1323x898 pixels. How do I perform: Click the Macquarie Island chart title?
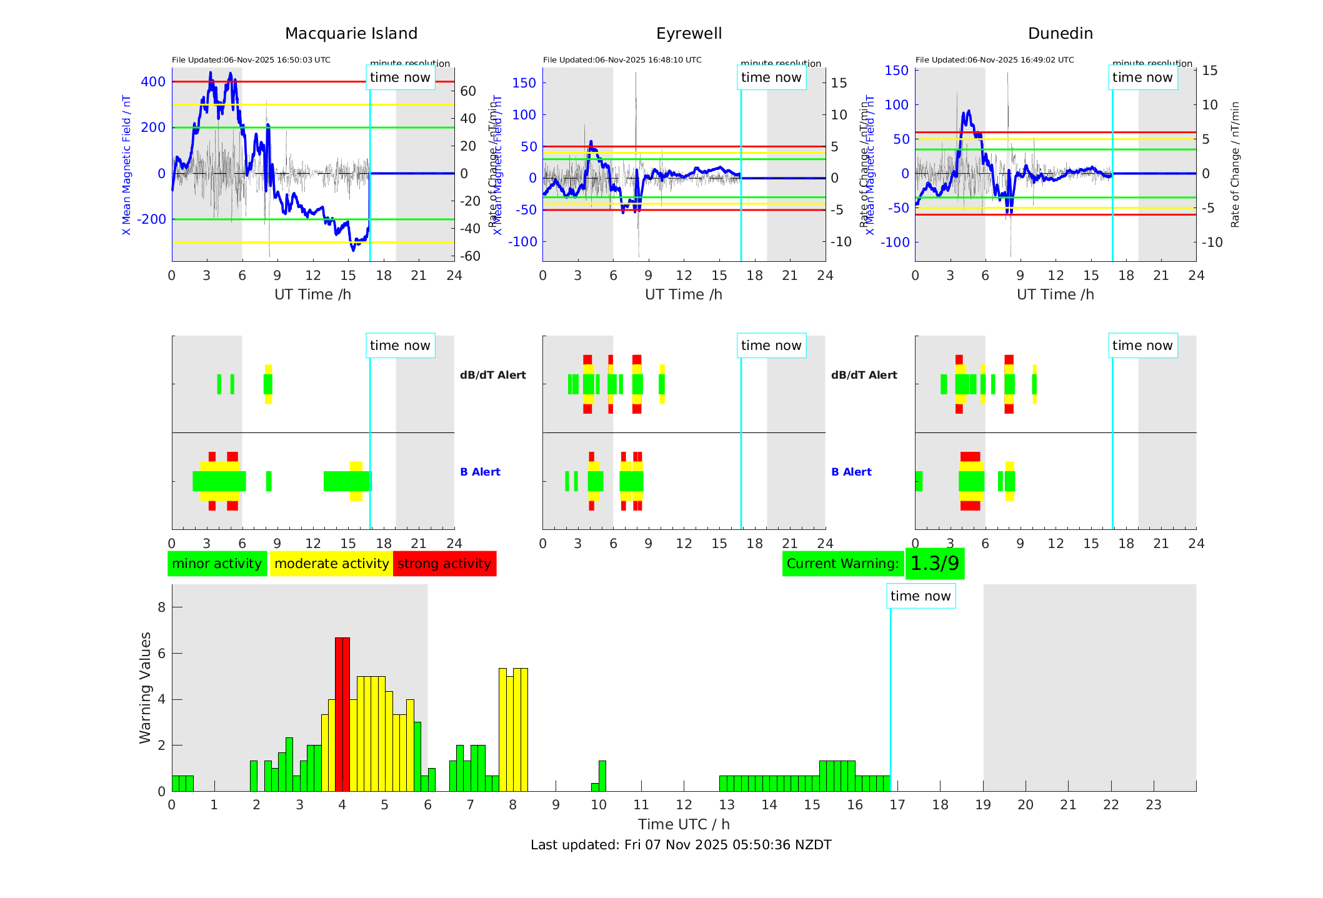coord(351,34)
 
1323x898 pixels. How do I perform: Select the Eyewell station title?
coord(689,34)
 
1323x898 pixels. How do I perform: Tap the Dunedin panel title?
coord(1060,34)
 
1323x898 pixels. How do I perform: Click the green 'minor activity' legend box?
coord(217,564)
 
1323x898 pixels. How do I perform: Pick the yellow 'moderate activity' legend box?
coord(331,564)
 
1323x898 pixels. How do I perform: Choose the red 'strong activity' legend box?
coord(444,564)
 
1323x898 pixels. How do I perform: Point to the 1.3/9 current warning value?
coord(934,564)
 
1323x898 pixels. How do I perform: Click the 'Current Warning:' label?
coord(842,564)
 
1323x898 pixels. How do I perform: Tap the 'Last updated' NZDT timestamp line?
coord(681,845)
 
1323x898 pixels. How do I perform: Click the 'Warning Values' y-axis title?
coord(146,687)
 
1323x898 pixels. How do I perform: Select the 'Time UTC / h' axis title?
coord(684,824)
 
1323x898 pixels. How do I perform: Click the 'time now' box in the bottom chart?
coord(920,596)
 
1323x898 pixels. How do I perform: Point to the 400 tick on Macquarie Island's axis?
coord(153,82)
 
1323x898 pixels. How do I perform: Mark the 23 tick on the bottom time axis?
coord(1153,805)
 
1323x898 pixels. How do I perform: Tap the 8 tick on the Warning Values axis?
coord(162,607)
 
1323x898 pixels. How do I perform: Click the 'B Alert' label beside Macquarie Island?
coord(480,472)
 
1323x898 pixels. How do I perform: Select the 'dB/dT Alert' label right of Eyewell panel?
coord(864,375)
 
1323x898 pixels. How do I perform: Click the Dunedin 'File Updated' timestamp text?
coord(994,60)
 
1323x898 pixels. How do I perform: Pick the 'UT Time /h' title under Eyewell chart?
coord(683,294)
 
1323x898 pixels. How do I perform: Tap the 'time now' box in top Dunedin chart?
coord(1142,77)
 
